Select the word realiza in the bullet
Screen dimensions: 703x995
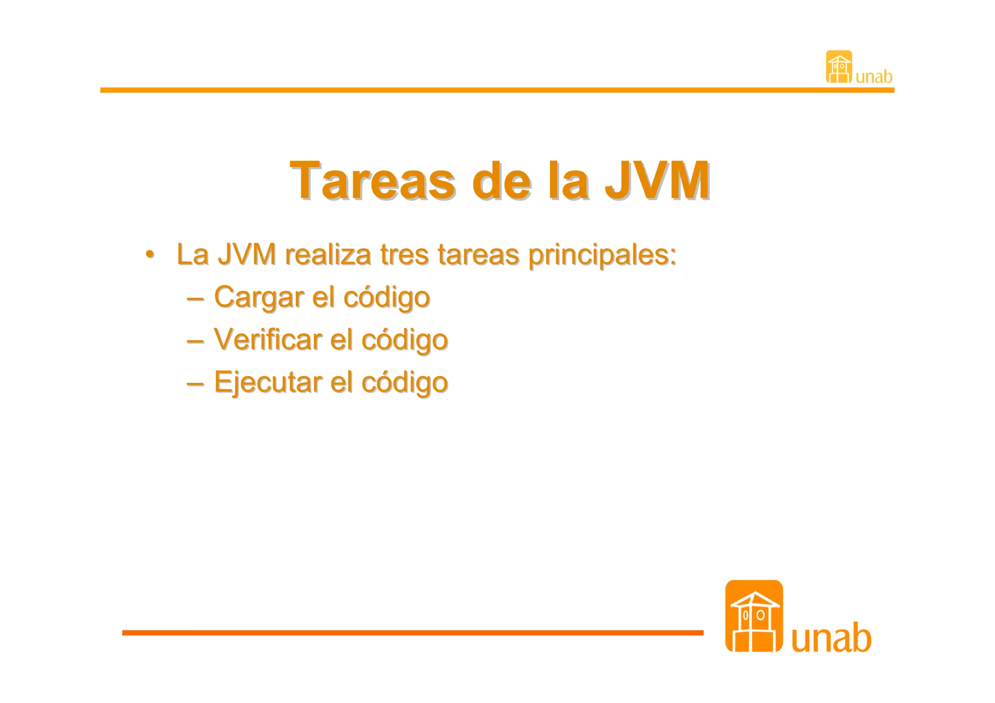(327, 254)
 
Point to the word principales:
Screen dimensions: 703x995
(602, 255)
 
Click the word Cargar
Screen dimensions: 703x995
(258, 297)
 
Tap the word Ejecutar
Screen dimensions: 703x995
(268, 382)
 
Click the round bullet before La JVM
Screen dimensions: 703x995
(150, 255)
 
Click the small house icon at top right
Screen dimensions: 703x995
(839, 67)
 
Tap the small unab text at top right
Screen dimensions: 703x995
(874, 77)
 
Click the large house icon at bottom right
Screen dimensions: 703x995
(754, 616)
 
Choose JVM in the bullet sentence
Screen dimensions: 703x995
(247, 254)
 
